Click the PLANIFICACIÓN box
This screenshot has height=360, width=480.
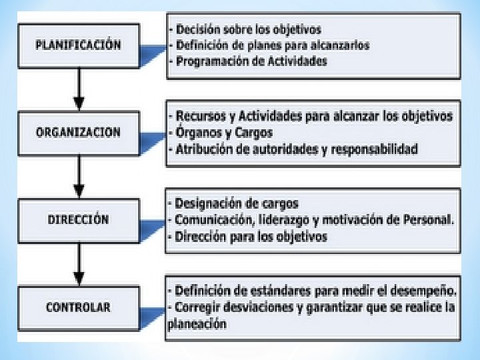pyautogui.click(x=79, y=45)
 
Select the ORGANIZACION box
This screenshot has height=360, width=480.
pyautogui.click(x=79, y=132)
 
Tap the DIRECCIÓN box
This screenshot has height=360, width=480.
pyautogui.click(x=79, y=220)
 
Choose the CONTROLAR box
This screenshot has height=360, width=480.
pyautogui.click(x=79, y=307)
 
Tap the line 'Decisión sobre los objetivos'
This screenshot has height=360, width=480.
pyautogui.click(x=247, y=30)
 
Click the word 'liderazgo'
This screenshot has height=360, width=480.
pyautogui.click(x=293, y=220)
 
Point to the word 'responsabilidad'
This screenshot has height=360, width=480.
pyautogui.click(x=374, y=149)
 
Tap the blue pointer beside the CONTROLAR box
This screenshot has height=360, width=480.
pyautogui.click(x=153, y=311)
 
